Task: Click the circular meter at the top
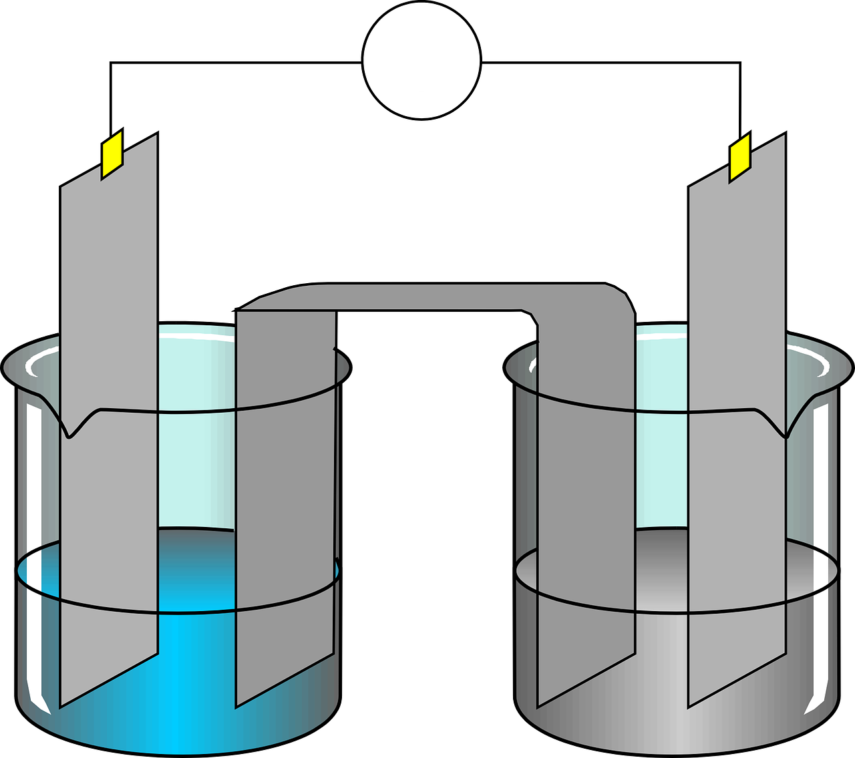coord(421,61)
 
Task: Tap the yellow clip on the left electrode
coord(112,154)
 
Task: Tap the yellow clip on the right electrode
coord(740,157)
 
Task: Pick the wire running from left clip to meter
coord(234,63)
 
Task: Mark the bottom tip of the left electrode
coord(61,705)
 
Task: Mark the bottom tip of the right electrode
coord(689,705)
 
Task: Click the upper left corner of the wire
coord(111,63)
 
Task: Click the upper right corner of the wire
coord(740,63)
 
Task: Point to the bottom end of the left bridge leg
coord(237,705)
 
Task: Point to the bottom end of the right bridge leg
coord(539,705)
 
